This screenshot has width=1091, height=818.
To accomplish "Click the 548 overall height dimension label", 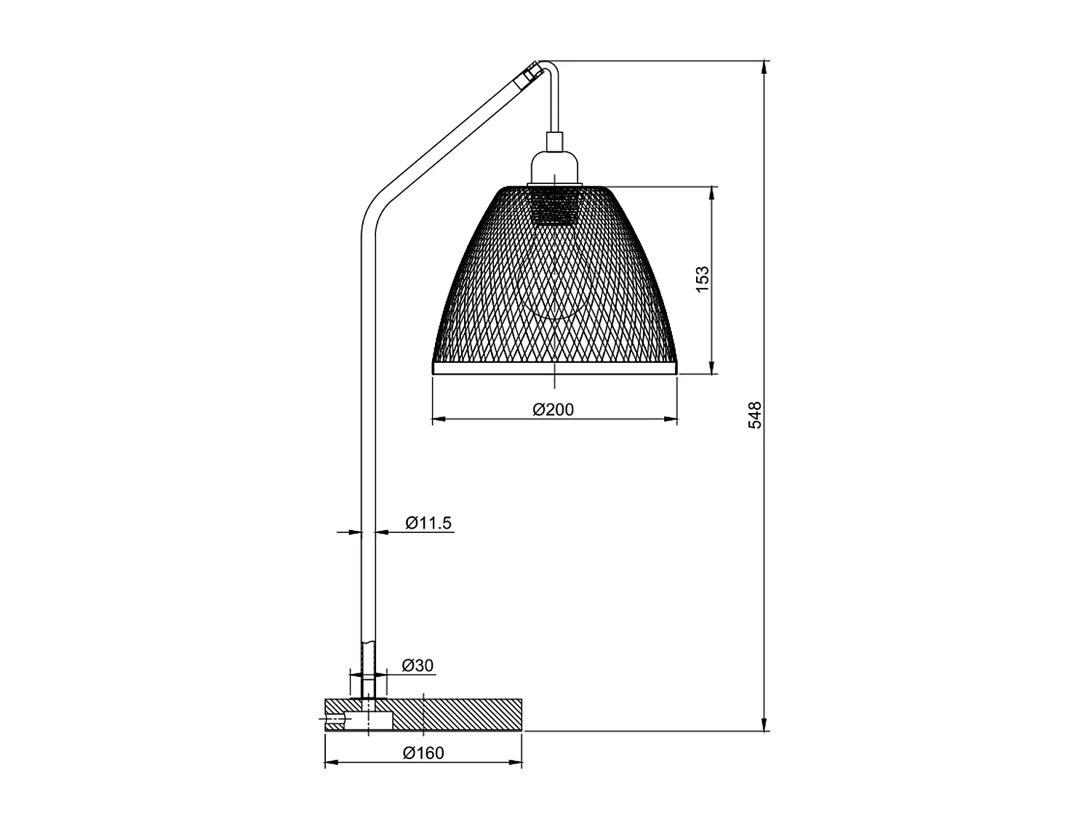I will pyautogui.click(x=755, y=414).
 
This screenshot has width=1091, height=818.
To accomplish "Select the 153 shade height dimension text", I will pyautogui.click(x=702, y=279).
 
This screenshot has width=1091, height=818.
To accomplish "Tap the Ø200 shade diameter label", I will pyautogui.click(x=554, y=410).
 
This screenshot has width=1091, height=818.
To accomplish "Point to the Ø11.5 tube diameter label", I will pyautogui.click(x=429, y=522).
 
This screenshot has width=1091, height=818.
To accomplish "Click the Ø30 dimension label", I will pyautogui.click(x=417, y=665).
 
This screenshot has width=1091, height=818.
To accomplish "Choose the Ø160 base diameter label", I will pyautogui.click(x=423, y=753).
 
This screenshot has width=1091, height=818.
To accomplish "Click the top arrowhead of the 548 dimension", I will pyautogui.click(x=764, y=68).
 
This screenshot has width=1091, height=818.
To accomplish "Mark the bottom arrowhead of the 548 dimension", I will pyautogui.click(x=764, y=724).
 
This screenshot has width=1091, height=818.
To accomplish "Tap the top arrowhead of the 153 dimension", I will pyautogui.click(x=712, y=193).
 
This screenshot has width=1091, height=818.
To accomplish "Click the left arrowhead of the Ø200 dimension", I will pyautogui.click(x=439, y=420).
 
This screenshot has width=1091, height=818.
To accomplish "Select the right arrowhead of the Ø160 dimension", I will pyautogui.click(x=515, y=763).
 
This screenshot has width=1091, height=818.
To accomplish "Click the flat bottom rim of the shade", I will pyautogui.click(x=554, y=368).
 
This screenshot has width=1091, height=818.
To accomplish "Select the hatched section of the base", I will pyautogui.click(x=458, y=714).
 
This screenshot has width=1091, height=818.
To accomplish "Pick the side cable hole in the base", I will pyautogui.click(x=336, y=721).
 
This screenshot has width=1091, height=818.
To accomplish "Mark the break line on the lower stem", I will pyautogui.click(x=369, y=641).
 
